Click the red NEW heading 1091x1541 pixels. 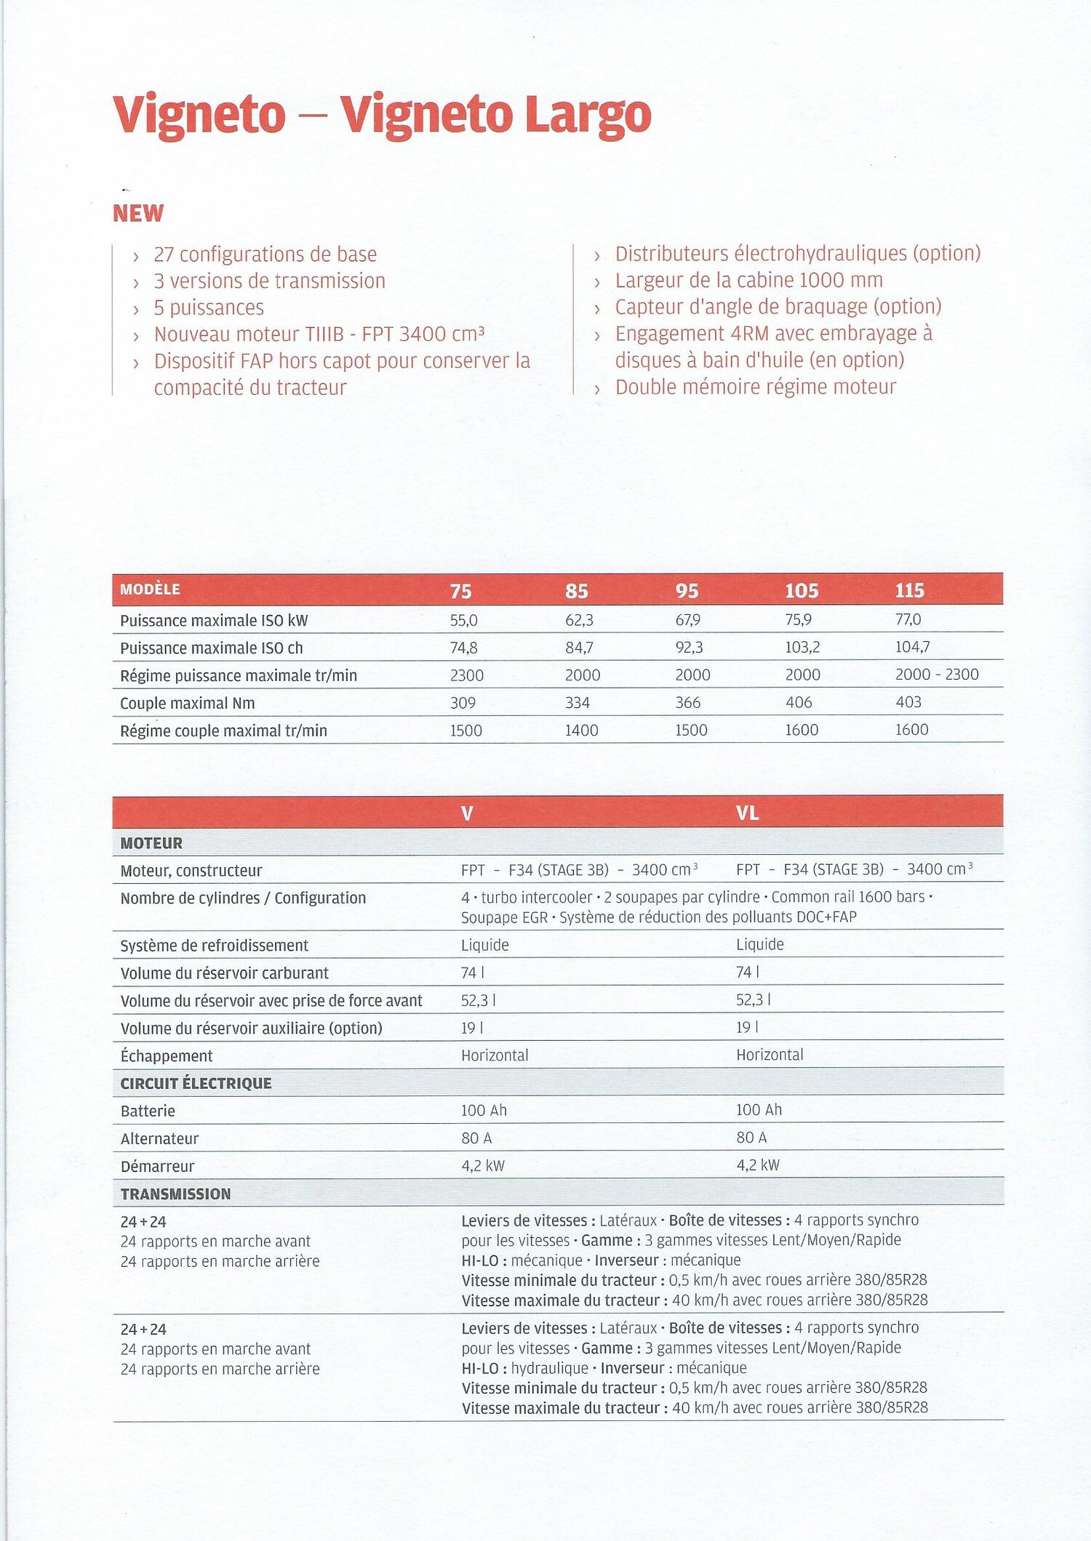coord(138,213)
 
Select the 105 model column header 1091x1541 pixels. coord(802,590)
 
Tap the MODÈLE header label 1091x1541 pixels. coord(150,590)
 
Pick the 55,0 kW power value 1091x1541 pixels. coord(463,620)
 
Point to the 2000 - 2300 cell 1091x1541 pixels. coord(937,675)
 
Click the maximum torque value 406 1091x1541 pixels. coord(798,702)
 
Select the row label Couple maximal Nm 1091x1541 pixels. coord(187,703)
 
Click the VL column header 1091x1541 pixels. coord(747,813)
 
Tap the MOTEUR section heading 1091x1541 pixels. coord(151,843)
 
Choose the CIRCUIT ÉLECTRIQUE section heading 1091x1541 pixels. coord(196,1083)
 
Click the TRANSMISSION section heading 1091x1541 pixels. coord(175,1194)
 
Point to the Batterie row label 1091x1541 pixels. coord(148,1111)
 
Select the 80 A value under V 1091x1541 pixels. coord(476,1138)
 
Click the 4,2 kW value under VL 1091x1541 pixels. coord(758,1165)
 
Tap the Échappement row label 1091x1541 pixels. coord(167,1055)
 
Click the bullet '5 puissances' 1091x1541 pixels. coord(209,307)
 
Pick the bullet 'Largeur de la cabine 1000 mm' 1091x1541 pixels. coord(748,280)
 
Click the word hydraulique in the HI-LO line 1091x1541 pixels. coord(549,1367)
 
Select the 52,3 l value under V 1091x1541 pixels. coord(478,1000)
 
